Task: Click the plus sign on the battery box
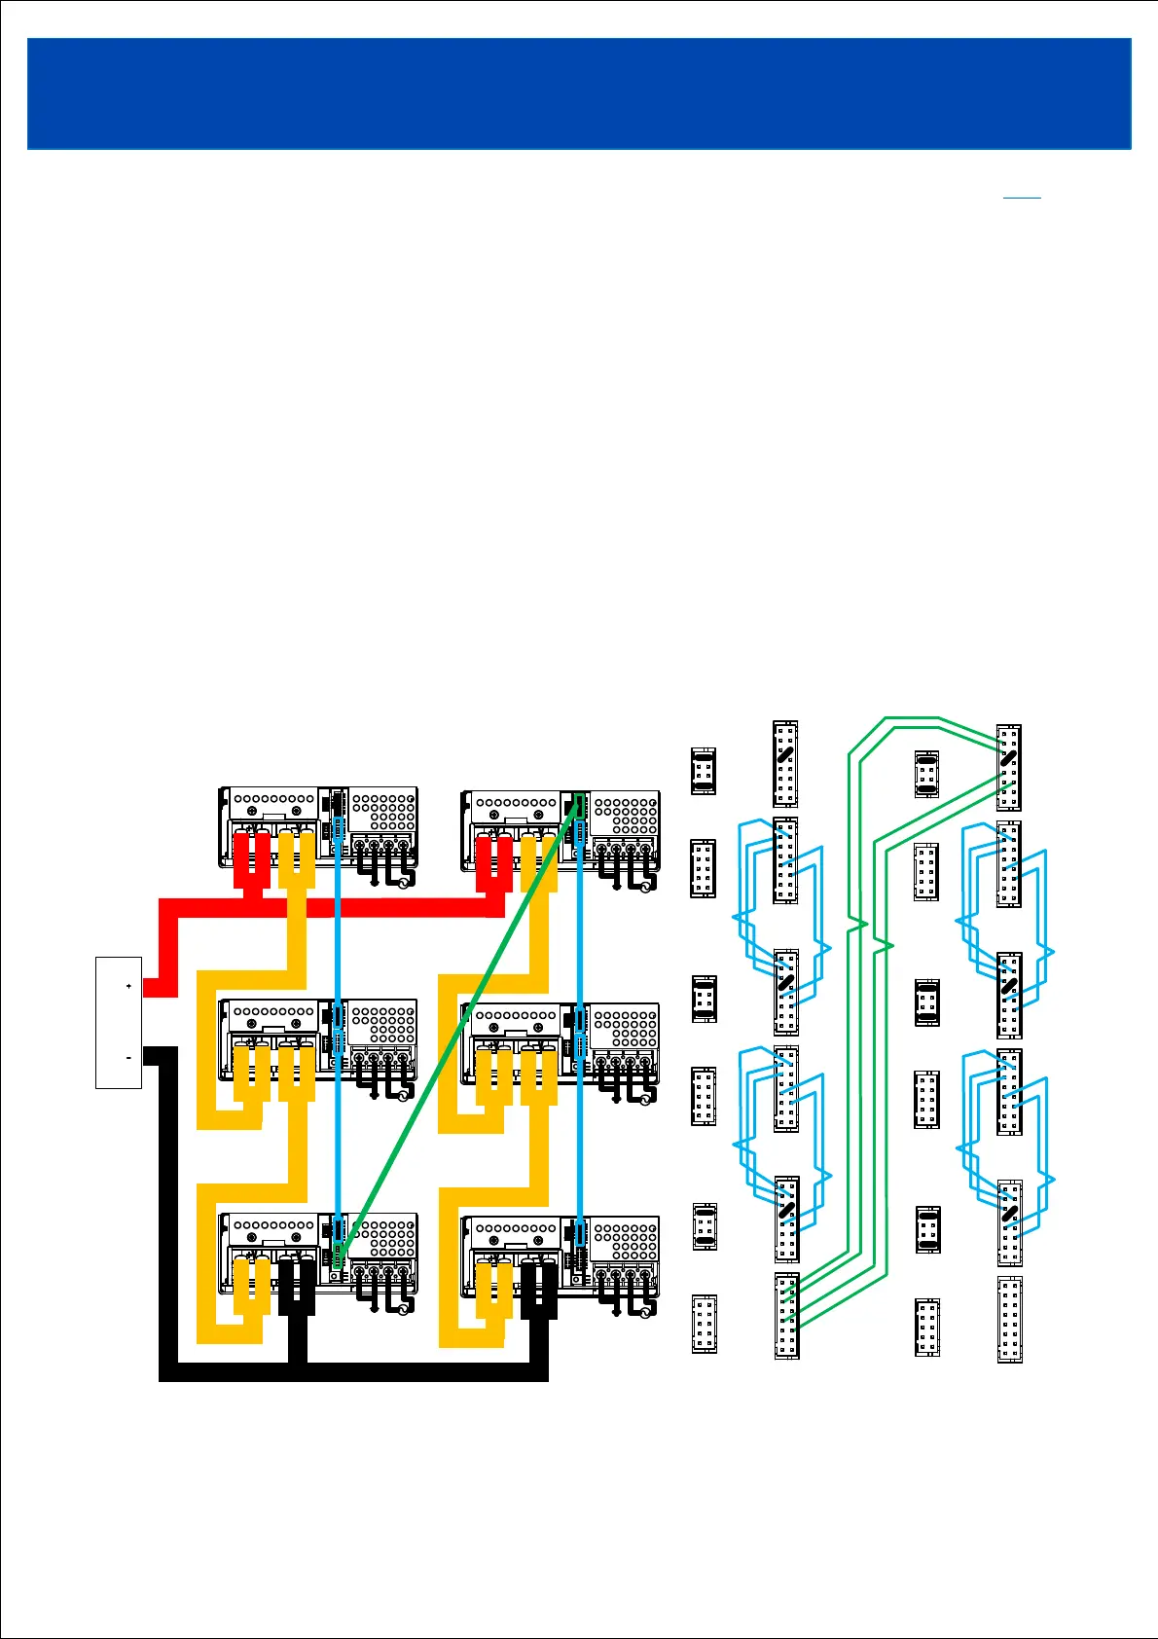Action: point(128,987)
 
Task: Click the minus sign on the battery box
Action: point(128,1057)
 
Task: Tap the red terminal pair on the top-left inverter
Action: point(251,856)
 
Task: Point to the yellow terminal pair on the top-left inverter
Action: point(296,856)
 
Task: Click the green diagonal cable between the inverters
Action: point(457,1022)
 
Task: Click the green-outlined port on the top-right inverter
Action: point(579,805)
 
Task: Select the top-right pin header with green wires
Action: point(1009,767)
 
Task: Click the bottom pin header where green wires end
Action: point(786,1316)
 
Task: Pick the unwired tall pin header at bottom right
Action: point(1009,1320)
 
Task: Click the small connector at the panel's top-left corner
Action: point(704,772)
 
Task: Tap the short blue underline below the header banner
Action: point(1022,199)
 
